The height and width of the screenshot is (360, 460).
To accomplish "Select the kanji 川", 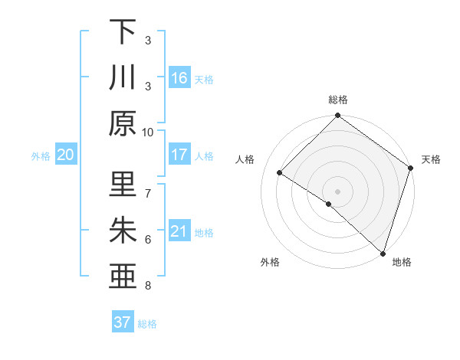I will click(x=123, y=77).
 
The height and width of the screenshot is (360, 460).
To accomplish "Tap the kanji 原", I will click(x=123, y=123).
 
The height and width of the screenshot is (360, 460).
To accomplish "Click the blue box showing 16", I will click(x=179, y=78).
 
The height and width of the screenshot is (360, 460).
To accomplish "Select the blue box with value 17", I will click(x=179, y=155).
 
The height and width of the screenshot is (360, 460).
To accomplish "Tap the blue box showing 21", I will click(x=179, y=231).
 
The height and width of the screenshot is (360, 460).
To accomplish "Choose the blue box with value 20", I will click(x=66, y=155).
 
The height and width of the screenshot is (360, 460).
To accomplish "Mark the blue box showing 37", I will click(x=122, y=322).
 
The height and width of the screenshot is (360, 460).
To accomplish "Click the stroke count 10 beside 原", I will click(x=148, y=132).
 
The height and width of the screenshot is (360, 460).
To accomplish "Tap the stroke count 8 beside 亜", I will click(x=148, y=286).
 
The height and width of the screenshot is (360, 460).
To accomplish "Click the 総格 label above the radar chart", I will click(x=337, y=100).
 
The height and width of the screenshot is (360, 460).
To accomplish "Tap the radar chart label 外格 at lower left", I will click(x=270, y=262).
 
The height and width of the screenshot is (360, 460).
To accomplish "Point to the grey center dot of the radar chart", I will click(x=337, y=191).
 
